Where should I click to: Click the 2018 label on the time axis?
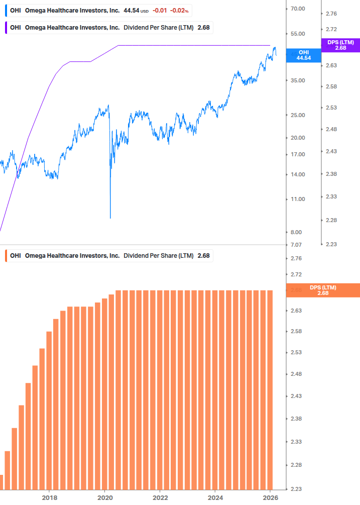click(49, 497)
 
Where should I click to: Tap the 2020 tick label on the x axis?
click(104, 497)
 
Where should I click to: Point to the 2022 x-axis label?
click(160, 497)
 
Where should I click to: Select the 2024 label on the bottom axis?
click(215, 497)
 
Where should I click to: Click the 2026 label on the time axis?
click(270, 497)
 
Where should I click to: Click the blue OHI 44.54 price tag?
click(303, 55)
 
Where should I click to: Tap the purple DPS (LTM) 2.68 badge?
click(340, 45)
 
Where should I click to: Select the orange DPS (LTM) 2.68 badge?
click(322, 290)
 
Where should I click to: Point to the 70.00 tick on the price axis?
click(298, 9)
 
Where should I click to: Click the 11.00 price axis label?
click(298, 199)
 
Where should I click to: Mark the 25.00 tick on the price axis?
click(298, 115)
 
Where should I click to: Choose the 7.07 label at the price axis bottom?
click(296, 245)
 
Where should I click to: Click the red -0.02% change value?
click(179, 10)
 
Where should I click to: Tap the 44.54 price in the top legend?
click(131, 10)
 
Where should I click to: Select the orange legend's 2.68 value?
click(203, 256)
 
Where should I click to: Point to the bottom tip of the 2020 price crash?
click(110, 218)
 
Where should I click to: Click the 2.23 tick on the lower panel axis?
click(296, 489)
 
